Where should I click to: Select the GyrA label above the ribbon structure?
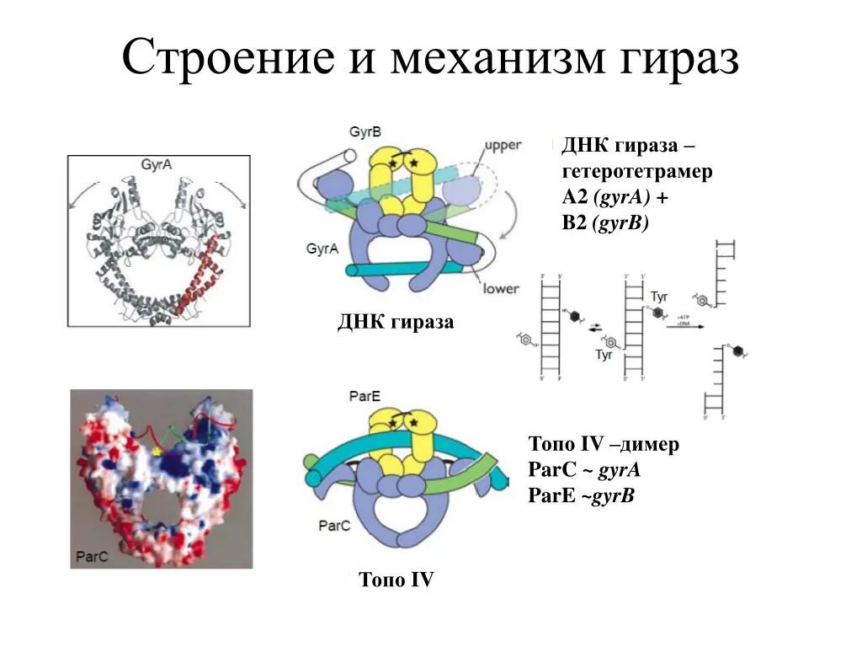point(157,165)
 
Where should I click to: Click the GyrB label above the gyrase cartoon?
point(365,132)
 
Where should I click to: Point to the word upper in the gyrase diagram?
point(503,146)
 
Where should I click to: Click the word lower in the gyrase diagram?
point(500,288)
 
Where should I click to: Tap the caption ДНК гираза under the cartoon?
point(395,322)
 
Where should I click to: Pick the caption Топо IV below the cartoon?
point(396,580)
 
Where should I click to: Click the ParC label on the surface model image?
point(91,557)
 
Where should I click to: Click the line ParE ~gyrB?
point(581,496)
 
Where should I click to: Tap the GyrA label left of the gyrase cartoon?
point(323,249)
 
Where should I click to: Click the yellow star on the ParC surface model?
point(156,452)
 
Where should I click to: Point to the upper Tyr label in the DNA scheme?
point(659,297)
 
